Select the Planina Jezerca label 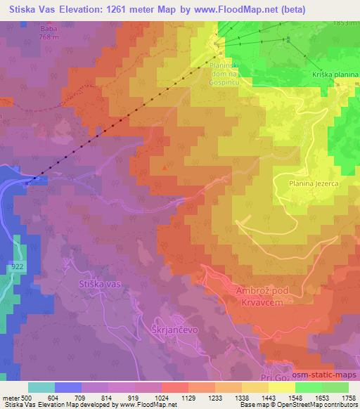point(314,183)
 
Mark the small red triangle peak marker point(165,167)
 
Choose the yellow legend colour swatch point(281,387)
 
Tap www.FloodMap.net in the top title point(251,9)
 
